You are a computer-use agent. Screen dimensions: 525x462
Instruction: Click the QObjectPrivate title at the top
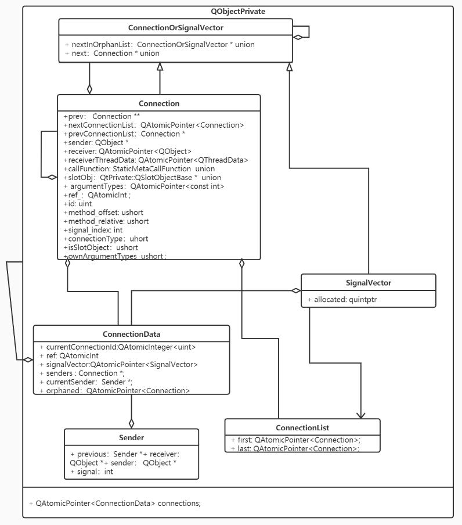238,11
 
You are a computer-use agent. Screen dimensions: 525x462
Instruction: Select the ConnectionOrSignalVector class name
175,27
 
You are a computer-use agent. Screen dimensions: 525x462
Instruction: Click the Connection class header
158,103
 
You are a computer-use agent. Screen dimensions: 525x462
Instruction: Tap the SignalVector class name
369,283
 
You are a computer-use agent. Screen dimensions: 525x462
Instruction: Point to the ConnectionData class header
131,334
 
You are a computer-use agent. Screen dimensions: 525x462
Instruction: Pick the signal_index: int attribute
93,230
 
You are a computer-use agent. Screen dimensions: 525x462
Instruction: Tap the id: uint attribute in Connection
78,204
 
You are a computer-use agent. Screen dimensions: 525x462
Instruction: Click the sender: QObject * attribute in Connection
96,142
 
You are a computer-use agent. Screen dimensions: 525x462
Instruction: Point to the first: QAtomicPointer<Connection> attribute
295,440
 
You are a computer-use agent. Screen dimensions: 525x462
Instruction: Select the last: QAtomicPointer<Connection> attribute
295,448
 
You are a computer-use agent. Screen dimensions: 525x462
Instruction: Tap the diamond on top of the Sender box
132,423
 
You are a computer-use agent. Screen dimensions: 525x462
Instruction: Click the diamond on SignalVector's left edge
296,290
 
